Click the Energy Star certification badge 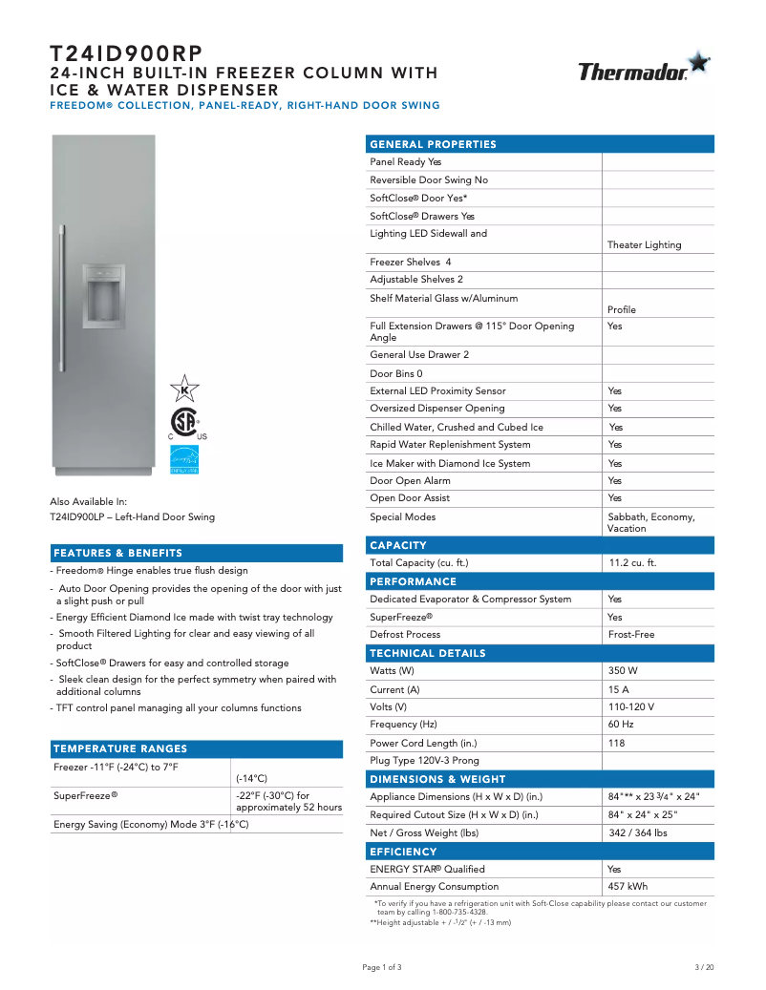183,460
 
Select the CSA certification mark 183,422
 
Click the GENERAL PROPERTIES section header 433,144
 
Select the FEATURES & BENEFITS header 117,553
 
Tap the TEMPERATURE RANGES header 120,748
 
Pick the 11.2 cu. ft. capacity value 632,563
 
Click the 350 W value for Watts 624,671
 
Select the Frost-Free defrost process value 631,635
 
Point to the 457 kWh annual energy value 628,887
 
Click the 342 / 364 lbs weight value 637,833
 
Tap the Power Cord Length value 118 616,743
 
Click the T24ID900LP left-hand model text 132,517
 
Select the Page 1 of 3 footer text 382,967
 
